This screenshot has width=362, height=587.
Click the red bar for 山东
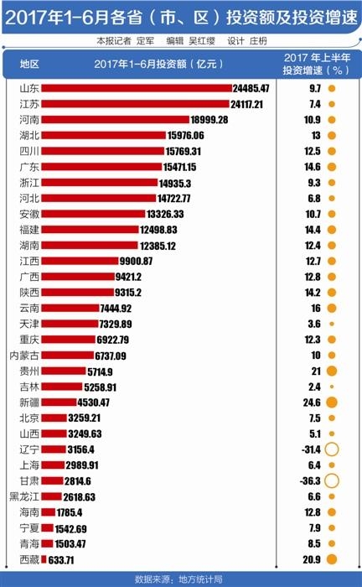137,88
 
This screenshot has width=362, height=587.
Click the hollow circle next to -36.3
332,481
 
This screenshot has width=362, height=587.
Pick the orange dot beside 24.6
332,403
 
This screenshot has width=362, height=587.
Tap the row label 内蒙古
24,355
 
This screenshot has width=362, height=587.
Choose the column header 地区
29,65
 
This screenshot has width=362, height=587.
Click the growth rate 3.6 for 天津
315,324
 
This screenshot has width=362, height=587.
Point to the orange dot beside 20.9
332,559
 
